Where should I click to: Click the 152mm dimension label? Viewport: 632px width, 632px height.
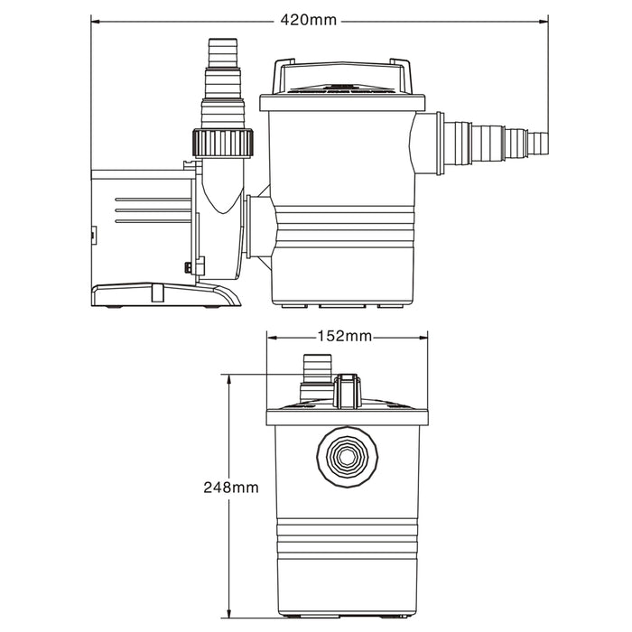pos(344,337)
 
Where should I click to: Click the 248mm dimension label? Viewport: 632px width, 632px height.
pos(233,487)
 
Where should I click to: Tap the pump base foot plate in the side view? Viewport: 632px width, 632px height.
pos(163,295)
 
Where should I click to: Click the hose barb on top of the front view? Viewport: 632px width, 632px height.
pos(316,370)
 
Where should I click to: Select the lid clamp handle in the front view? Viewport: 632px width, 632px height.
pos(347,390)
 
